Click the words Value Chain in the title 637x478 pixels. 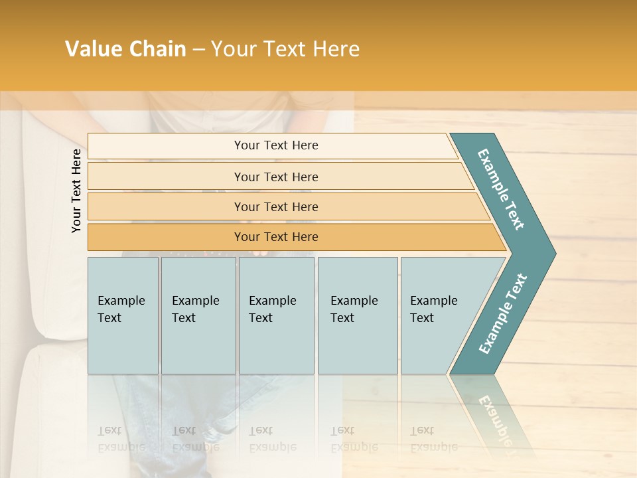point(125,49)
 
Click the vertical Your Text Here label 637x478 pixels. point(76,191)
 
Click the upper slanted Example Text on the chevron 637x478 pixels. point(501,189)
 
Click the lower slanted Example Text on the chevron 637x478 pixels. point(503,313)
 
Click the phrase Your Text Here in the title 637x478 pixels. point(285,49)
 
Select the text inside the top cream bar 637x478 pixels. point(276,145)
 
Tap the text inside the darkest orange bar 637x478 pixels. point(276,237)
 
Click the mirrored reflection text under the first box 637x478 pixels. point(121,439)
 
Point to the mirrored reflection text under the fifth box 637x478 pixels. point(433,439)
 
